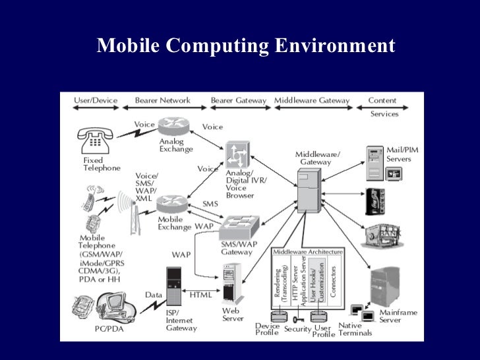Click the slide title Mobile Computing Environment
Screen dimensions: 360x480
click(x=245, y=47)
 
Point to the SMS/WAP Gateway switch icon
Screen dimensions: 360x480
click(x=239, y=228)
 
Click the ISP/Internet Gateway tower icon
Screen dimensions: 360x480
click(x=173, y=285)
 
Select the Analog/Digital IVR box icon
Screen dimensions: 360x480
click(x=236, y=155)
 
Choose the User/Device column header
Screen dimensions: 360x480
click(x=96, y=101)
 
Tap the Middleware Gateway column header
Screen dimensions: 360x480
click(x=312, y=101)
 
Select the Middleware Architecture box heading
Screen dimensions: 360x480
click(x=309, y=252)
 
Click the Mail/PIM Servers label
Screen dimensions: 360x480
click(x=402, y=154)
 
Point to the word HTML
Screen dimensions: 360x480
click(x=200, y=295)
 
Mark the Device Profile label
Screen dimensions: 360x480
click(x=267, y=329)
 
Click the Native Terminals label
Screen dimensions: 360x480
click(x=355, y=329)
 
